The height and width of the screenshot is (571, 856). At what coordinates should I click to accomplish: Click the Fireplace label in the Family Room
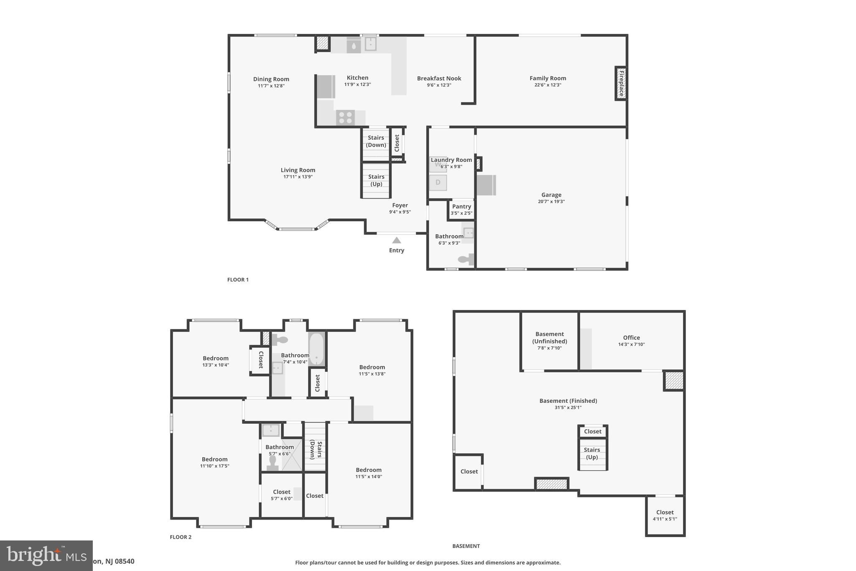[621, 83]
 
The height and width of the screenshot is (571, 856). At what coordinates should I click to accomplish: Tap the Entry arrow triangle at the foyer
[397, 241]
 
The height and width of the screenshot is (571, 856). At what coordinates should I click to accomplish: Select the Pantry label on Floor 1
[461, 207]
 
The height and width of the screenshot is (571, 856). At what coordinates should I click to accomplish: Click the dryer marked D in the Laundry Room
[438, 182]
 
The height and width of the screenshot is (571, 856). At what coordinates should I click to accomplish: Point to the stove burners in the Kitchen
[345, 118]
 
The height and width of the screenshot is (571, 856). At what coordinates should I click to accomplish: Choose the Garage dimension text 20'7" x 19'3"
[551, 202]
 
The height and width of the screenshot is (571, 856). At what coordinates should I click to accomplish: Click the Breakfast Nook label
[439, 78]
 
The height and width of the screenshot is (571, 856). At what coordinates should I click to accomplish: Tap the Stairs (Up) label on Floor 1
[376, 180]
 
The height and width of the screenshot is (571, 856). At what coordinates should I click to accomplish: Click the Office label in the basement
[631, 338]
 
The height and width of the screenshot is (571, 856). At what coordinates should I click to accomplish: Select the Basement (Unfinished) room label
[549, 338]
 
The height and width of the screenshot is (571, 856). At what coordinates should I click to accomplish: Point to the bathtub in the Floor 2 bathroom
[316, 349]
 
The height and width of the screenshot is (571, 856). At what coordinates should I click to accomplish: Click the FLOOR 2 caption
[181, 537]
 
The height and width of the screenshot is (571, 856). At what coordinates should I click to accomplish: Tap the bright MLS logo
[46, 555]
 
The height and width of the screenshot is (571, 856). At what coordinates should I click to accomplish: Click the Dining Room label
[271, 79]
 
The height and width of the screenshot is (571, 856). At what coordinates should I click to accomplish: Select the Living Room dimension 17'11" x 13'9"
[298, 177]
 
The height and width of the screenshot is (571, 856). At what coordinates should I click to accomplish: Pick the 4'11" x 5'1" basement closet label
[665, 519]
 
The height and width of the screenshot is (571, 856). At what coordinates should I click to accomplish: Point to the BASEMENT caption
[466, 546]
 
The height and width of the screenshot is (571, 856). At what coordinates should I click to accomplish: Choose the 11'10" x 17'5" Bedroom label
[214, 466]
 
